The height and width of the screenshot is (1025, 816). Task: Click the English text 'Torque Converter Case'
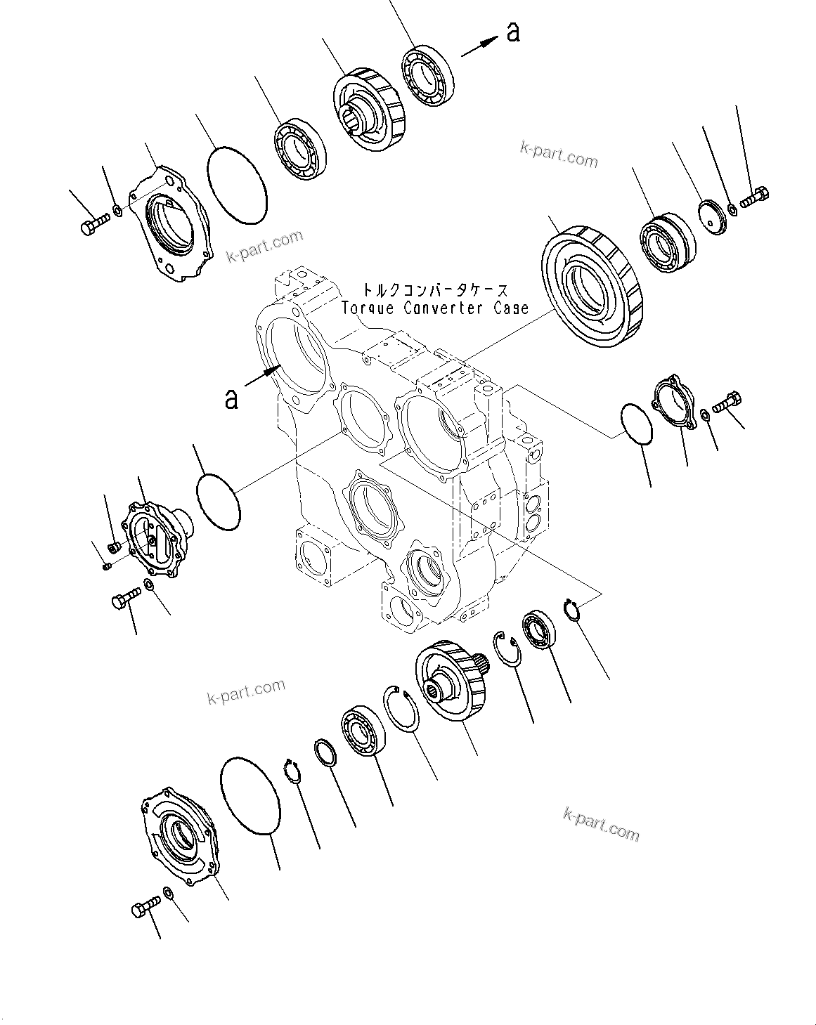click(x=434, y=308)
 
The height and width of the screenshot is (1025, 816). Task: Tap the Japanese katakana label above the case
click(x=434, y=289)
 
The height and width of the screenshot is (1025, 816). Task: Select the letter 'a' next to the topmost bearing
click(x=514, y=32)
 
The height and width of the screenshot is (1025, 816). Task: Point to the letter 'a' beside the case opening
click(x=231, y=398)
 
